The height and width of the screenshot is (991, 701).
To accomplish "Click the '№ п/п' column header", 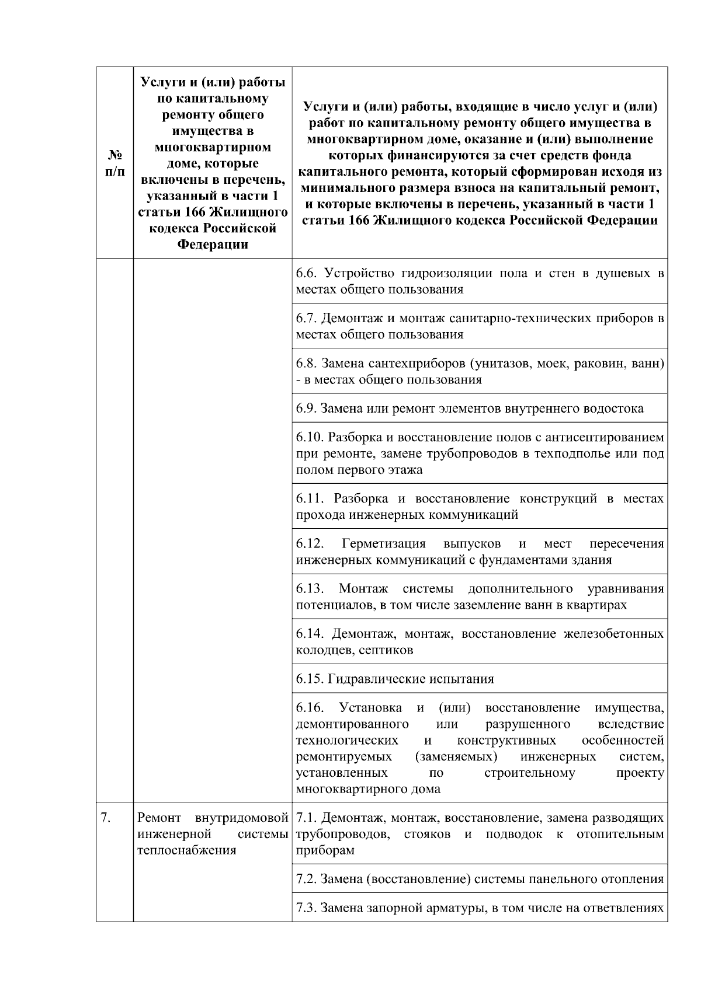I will (114, 163).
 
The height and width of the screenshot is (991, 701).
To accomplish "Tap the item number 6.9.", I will (307, 408).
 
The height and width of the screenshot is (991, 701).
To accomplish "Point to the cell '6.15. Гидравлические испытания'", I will (395, 679).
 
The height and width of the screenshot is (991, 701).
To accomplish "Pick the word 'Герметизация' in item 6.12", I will (384, 544).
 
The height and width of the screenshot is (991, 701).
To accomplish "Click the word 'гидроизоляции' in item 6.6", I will (446, 273).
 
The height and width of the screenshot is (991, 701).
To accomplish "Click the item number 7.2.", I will (307, 879).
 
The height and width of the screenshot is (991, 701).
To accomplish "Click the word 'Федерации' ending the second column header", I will (212, 244).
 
